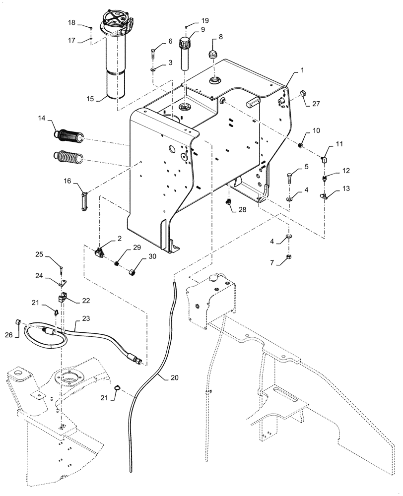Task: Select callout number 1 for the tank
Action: pyautogui.click(x=301, y=71)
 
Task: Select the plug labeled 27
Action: pyautogui.click(x=288, y=94)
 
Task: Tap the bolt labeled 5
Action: pyautogui.click(x=290, y=176)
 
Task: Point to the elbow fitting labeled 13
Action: pyautogui.click(x=323, y=196)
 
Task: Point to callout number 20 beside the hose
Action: pyautogui.click(x=174, y=377)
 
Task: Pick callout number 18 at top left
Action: pyautogui.click(x=71, y=23)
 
